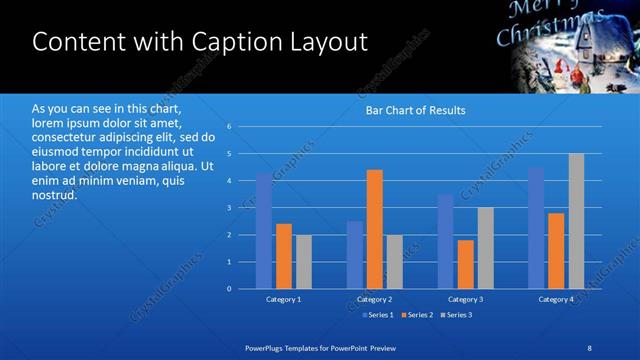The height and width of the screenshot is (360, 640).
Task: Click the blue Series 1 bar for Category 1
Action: (264, 231)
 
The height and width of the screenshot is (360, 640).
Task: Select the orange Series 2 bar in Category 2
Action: (375, 229)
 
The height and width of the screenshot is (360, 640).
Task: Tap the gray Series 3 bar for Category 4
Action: (576, 221)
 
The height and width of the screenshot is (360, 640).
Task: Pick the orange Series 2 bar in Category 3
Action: (466, 264)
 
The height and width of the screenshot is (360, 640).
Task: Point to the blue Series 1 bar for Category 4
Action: (536, 228)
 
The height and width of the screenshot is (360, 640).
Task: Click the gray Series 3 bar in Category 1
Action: (303, 262)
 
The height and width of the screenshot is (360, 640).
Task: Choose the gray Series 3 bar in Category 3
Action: (485, 248)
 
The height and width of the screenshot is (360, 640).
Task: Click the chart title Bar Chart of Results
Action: (415, 110)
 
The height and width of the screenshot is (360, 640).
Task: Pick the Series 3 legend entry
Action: (458, 315)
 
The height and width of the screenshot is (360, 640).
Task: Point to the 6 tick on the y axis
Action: (229, 127)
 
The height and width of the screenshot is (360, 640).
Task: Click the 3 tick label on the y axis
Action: (229, 208)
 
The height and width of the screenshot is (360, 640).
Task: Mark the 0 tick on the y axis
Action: (229, 289)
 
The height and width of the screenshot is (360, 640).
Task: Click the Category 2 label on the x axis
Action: (375, 299)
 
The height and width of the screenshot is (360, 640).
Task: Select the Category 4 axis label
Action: (556, 299)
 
